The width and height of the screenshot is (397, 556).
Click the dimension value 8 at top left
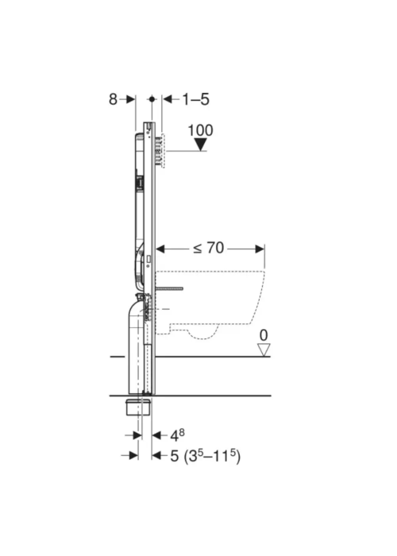(x=113, y=99)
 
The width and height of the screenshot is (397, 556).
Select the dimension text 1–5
(x=195, y=99)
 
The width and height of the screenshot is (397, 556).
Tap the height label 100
(x=200, y=130)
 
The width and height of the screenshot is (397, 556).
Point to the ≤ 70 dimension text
(x=208, y=248)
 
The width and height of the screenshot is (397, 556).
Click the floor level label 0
(x=264, y=335)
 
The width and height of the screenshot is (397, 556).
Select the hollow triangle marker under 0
(x=264, y=349)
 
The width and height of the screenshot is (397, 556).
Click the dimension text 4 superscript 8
(x=177, y=435)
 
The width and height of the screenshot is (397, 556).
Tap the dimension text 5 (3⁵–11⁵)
(x=205, y=456)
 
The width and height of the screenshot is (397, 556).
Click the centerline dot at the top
(x=152, y=99)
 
